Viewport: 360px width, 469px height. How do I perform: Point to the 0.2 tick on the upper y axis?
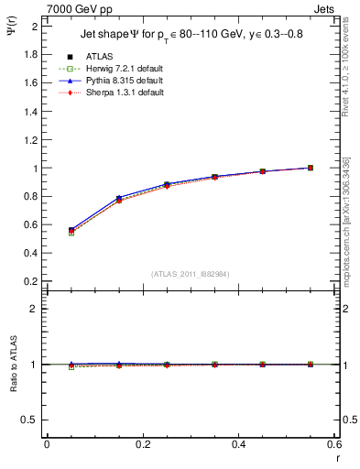[30, 280]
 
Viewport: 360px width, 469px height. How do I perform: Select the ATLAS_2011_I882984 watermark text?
[190, 274]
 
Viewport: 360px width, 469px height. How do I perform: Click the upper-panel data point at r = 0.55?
[311, 168]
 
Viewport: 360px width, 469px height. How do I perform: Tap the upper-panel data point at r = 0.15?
[119, 199]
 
